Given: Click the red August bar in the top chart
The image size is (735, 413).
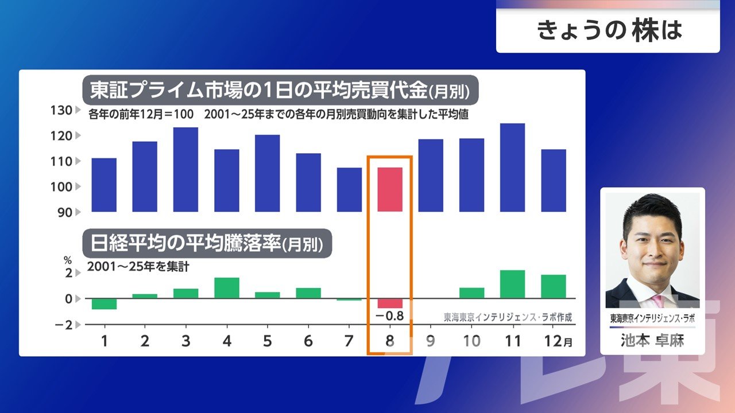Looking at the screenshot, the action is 390,189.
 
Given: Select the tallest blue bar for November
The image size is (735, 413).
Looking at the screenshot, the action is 513,167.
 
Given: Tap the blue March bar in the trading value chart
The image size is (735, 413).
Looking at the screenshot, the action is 185,169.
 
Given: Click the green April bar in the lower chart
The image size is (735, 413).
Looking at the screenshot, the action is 227,288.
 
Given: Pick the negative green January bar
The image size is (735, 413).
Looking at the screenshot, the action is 104,304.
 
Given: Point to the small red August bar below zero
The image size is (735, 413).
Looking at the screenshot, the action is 390,303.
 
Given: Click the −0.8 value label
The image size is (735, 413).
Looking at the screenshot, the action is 389,316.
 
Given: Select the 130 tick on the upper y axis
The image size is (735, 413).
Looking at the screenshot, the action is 61,111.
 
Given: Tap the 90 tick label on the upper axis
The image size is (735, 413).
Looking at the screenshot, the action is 65,213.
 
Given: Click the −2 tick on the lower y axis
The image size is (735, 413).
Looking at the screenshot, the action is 64,325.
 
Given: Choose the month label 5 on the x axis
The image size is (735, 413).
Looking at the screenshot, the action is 268,341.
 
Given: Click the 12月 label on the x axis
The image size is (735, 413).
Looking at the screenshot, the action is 558,341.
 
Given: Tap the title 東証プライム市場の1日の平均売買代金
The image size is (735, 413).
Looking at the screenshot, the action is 259,91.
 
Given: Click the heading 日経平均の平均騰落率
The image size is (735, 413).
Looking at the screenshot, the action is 185,244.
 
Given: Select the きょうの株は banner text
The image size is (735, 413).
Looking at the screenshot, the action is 609,30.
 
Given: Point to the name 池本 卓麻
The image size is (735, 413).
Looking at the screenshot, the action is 652,341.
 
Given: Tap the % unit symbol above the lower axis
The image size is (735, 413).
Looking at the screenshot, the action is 68,260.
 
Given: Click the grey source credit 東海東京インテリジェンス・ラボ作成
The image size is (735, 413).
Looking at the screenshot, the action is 508,317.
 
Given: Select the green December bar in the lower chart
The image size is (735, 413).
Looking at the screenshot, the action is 554,286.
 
